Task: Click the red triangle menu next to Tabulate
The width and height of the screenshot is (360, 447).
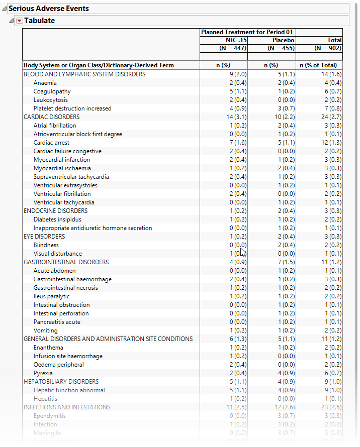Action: coord(20,21)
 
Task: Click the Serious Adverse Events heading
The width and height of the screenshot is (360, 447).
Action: coord(49,9)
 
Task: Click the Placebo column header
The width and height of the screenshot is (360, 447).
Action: coord(283,40)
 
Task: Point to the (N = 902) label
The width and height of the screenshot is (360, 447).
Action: coord(328,48)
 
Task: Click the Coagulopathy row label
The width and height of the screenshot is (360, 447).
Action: coord(52,91)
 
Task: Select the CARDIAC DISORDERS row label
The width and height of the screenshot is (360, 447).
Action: coord(51,117)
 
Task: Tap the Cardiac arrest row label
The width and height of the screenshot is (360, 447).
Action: coord(51,143)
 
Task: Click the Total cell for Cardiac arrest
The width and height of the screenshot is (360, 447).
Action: coord(331,143)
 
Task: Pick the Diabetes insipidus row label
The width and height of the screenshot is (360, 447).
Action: coord(57,219)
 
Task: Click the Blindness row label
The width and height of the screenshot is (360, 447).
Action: coord(46,245)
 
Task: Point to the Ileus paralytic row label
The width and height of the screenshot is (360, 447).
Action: coord(52,296)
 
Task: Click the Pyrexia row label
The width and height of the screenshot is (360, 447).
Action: coord(44,373)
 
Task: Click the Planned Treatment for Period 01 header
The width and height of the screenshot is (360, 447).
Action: coord(247,32)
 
